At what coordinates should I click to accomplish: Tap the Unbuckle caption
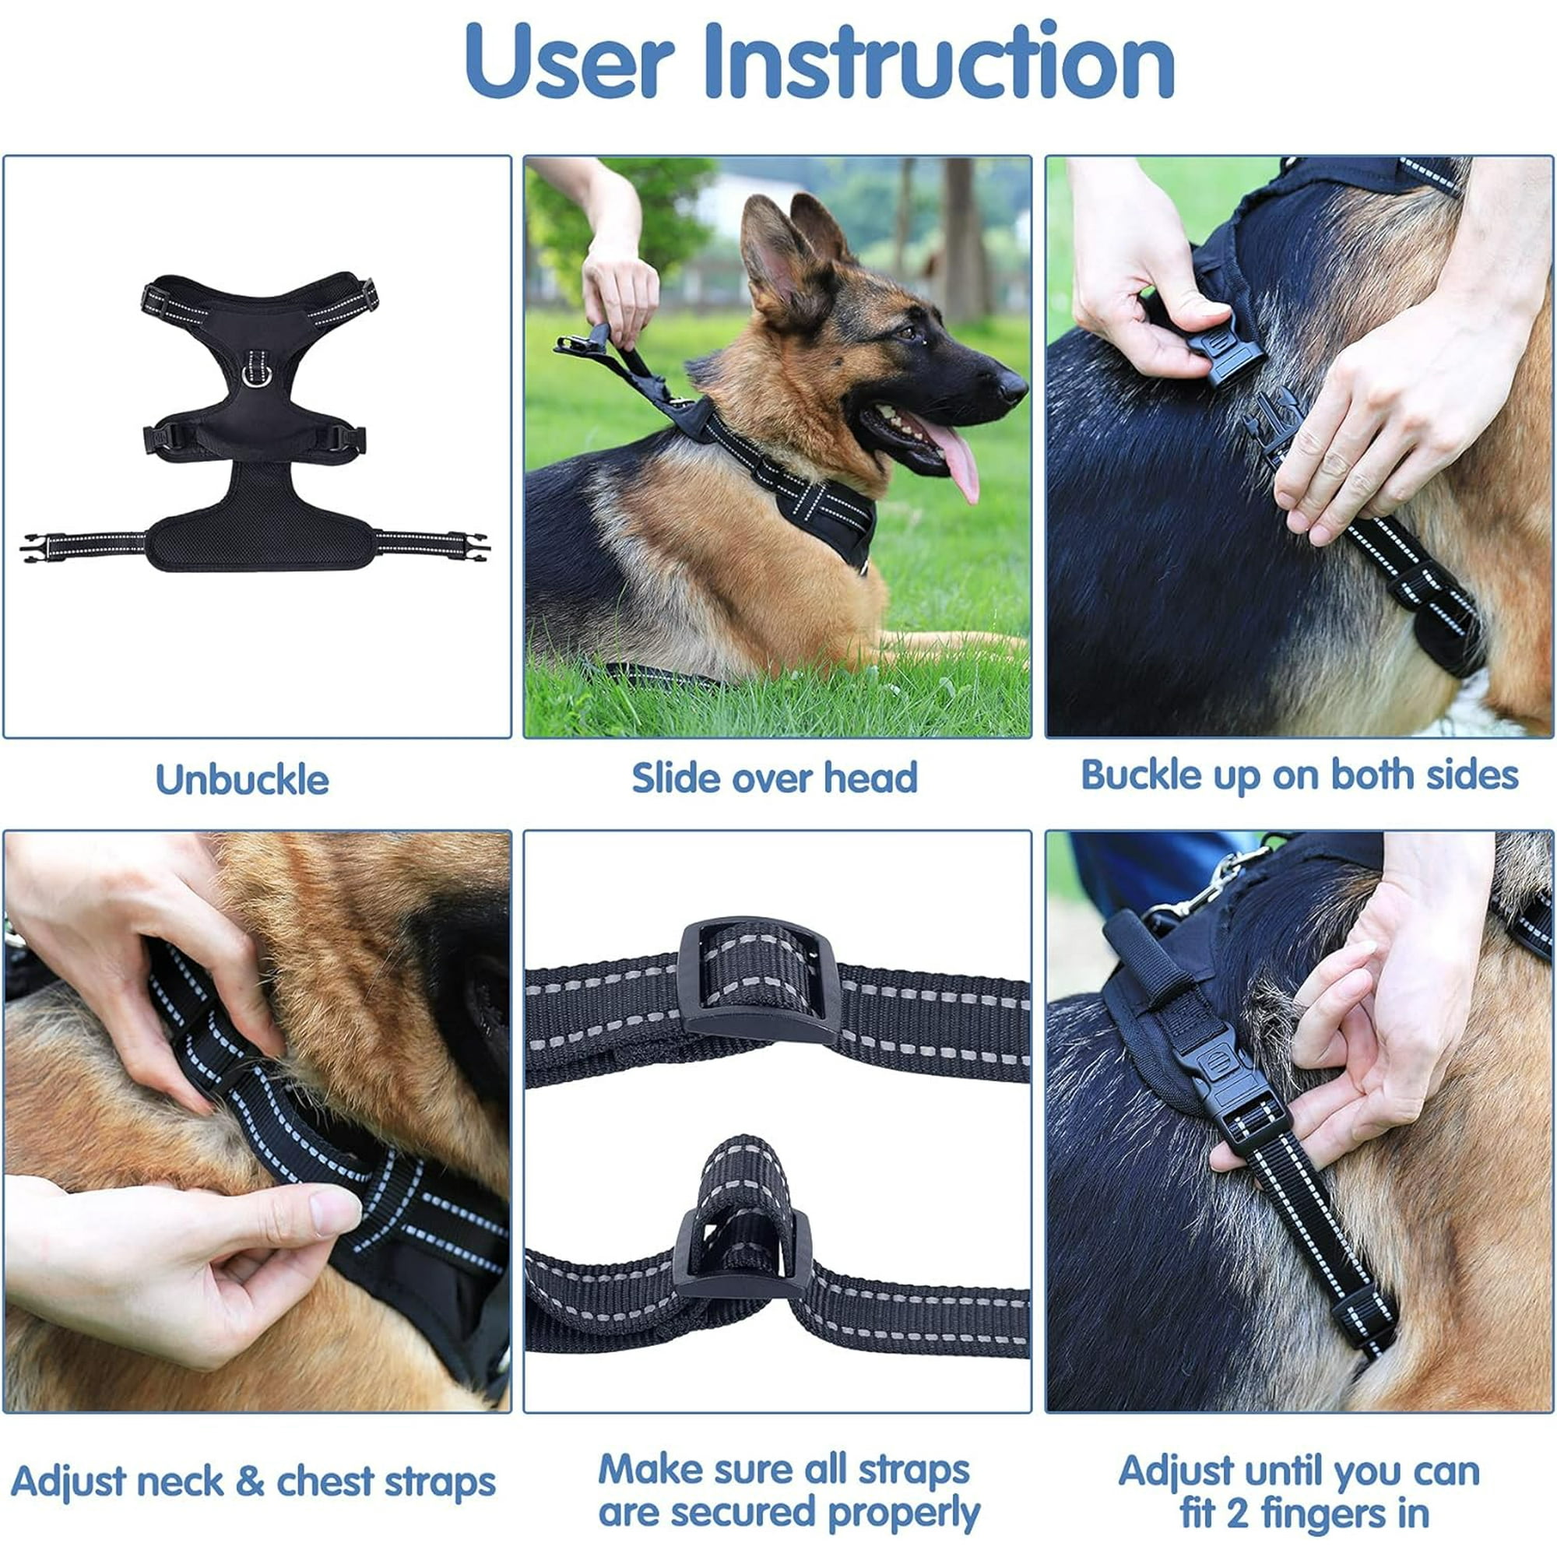click(x=242, y=780)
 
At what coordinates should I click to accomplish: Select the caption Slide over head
click(x=775, y=778)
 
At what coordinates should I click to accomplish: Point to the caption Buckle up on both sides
click(x=1299, y=775)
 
